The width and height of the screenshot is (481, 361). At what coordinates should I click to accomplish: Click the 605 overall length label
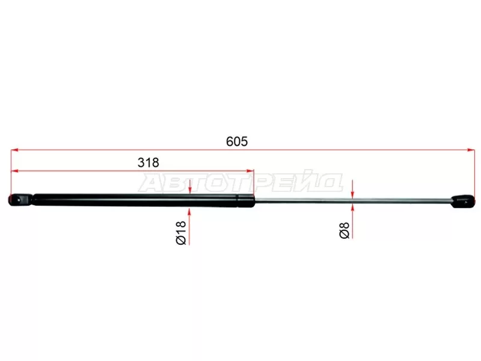tap(236, 141)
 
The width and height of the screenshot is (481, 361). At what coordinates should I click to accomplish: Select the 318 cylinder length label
tap(148, 162)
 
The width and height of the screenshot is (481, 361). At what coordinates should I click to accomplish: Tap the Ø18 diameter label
tap(181, 233)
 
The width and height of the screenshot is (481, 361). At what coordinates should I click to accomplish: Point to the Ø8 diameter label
tap(345, 230)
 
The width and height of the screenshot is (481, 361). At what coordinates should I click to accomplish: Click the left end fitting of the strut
tap(20, 200)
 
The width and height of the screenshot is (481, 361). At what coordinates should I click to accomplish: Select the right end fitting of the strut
tap(463, 202)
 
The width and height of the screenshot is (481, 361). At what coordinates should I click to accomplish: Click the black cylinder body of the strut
tap(135, 200)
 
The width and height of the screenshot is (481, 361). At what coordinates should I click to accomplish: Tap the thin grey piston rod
tap(353, 201)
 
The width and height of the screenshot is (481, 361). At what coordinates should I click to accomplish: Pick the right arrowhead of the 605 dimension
tap(471, 150)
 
